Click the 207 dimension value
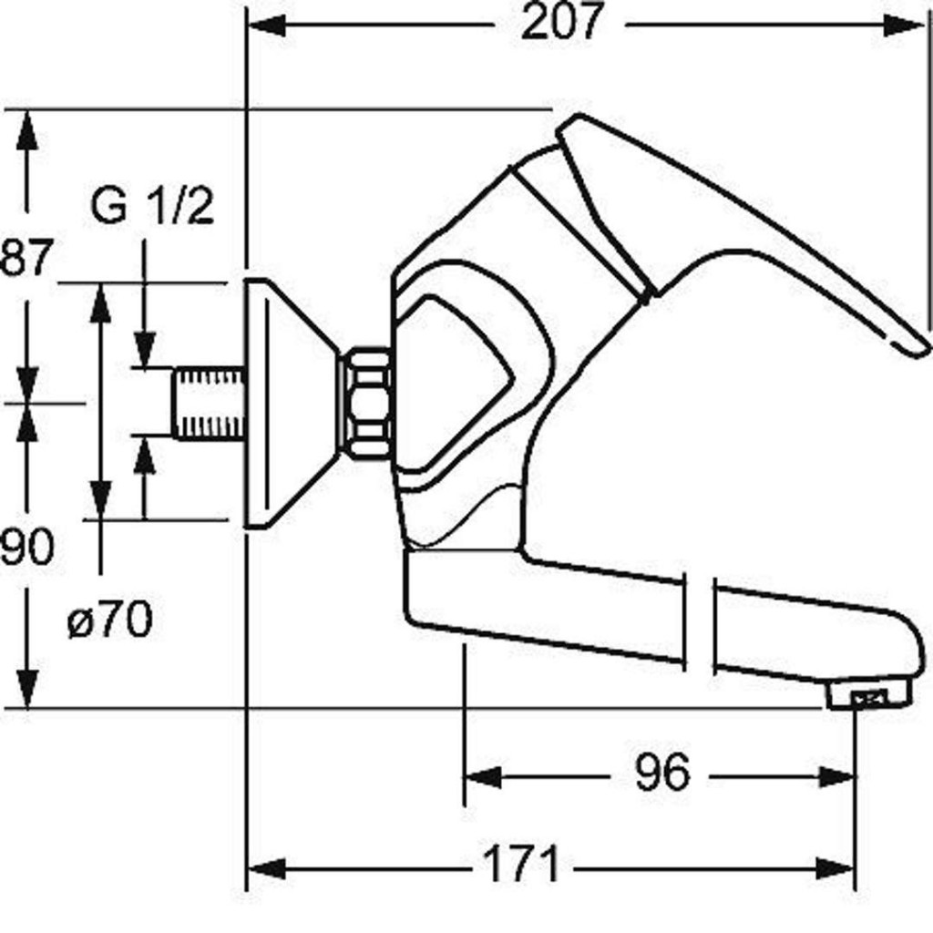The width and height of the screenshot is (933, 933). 561,22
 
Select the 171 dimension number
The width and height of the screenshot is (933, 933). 522,864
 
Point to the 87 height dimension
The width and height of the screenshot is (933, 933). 26,257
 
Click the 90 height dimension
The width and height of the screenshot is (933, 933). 26,546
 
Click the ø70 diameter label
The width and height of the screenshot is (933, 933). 110,620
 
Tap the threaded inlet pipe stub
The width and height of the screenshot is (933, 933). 210,404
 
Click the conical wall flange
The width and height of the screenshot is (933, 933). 289,404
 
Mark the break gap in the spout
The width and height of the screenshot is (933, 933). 699,620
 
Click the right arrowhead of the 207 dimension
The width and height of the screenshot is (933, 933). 904,25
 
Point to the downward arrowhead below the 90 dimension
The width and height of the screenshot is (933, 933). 27,689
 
